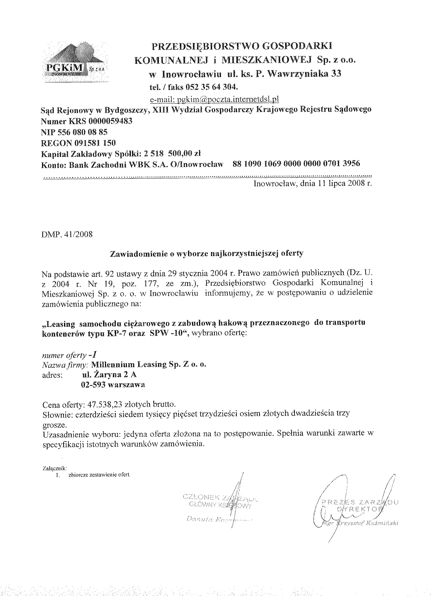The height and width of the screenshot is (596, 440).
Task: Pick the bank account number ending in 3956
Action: (x=296, y=163)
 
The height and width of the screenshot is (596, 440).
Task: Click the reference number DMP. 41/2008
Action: (x=67, y=234)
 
